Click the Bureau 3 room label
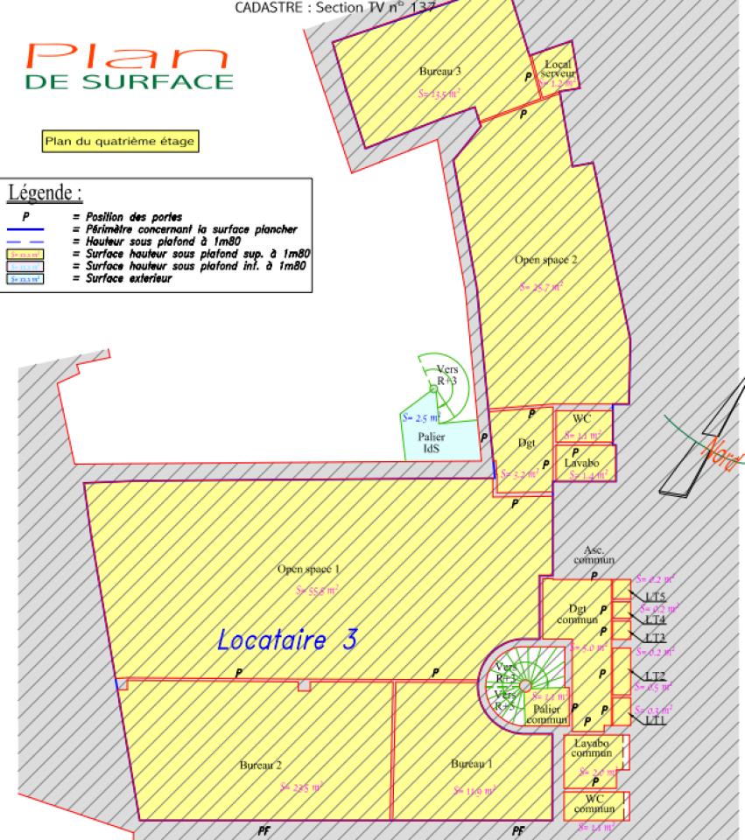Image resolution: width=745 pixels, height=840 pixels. tap(439, 70)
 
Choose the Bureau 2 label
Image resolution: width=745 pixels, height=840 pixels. tap(261, 765)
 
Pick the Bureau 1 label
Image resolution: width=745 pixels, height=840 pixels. tap(472, 764)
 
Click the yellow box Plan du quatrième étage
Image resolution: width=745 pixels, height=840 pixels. tap(120, 140)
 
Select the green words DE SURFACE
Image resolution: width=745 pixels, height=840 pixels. tap(130, 82)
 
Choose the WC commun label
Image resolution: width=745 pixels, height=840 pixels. tap(594, 804)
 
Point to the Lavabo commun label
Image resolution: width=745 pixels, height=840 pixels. tap(592, 747)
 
